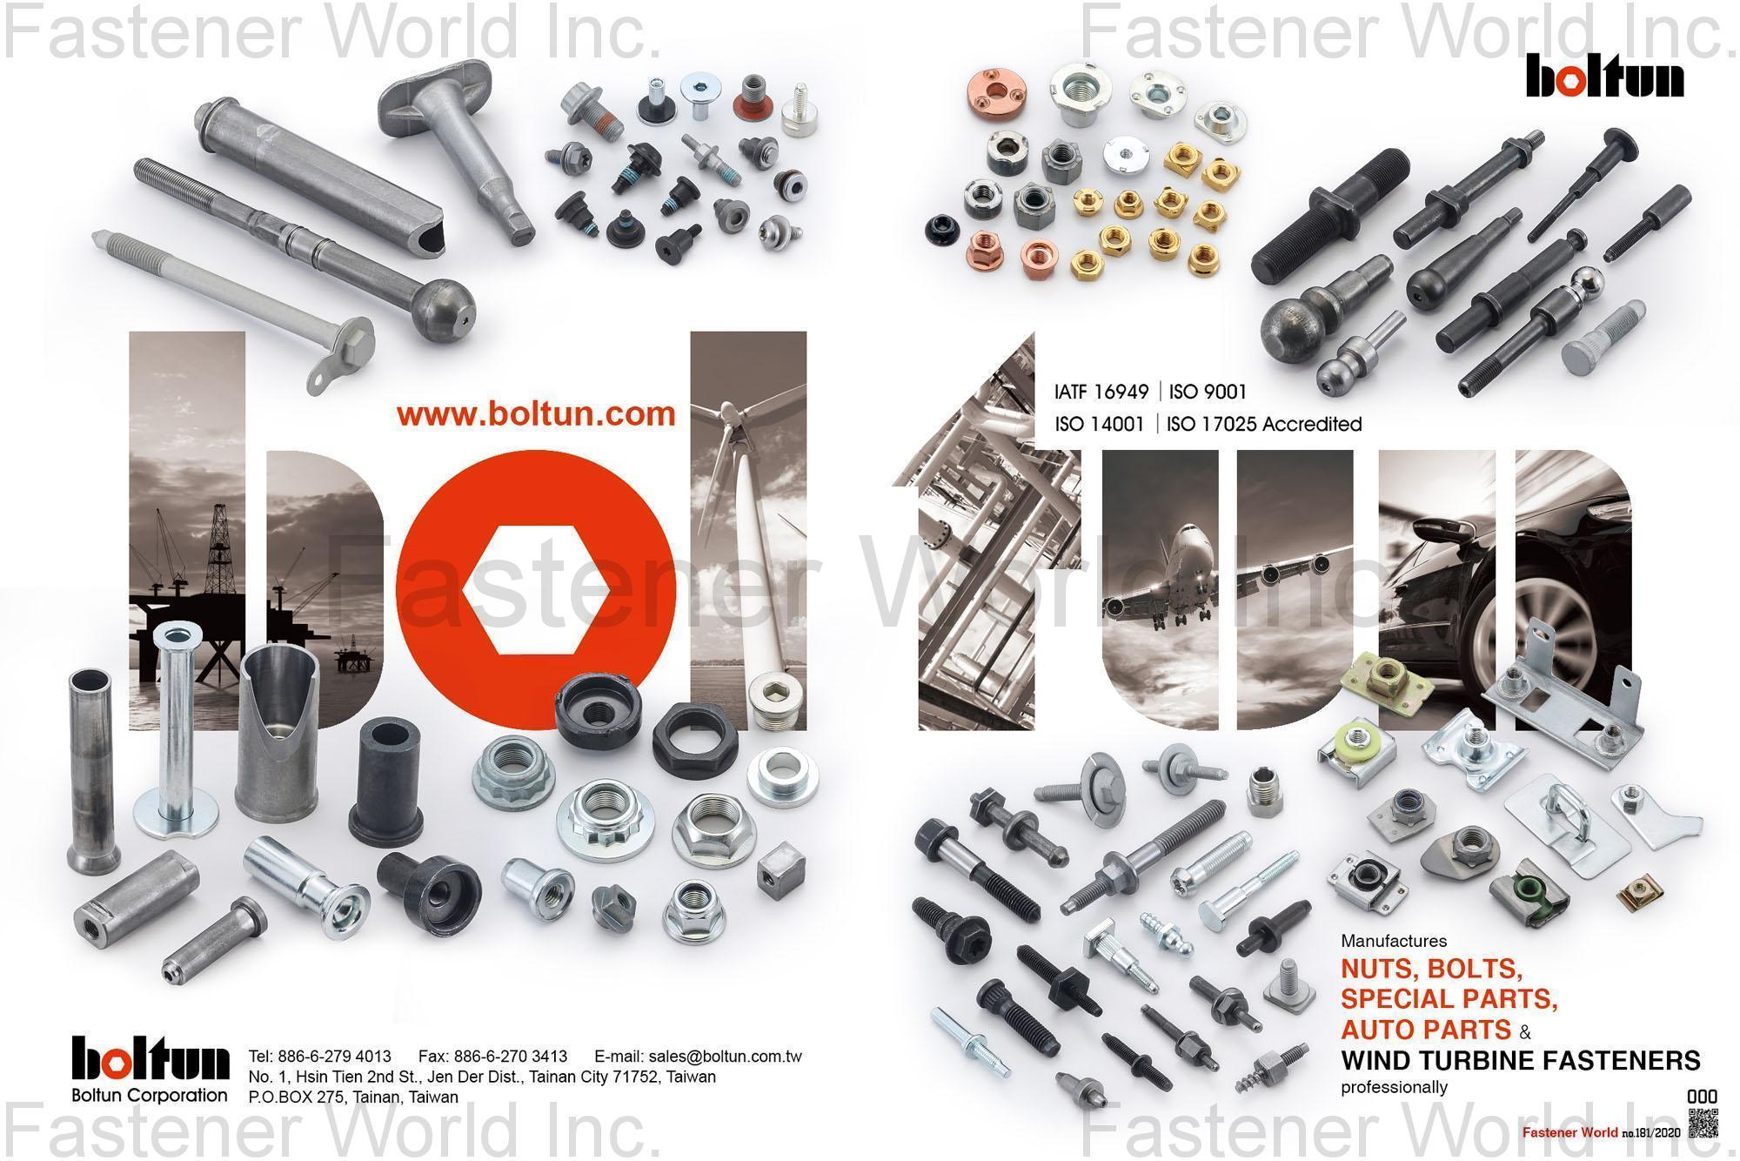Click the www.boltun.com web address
tap(536, 413)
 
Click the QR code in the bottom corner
tap(1703, 1123)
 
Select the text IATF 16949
tap(1101, 393)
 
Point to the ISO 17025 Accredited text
tap(1263, 425)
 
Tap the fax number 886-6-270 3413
tap(492, 1057)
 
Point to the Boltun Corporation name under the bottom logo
tap(150, 1095)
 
